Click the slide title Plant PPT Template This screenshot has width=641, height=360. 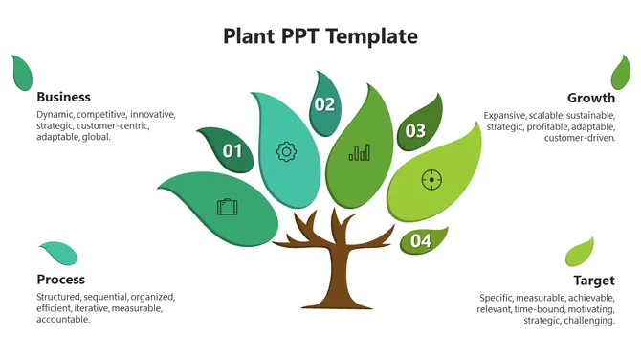[x=320, y=36]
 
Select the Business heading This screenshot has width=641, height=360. [x=63, y=97]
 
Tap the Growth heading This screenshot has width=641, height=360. [x=590, y=98]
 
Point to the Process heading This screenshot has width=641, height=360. [x=60, y=280]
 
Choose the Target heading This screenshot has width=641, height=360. [x=593, y=281]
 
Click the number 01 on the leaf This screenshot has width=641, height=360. [x=232, y=150]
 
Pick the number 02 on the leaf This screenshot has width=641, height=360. [x=325, y=104]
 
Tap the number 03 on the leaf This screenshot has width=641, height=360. [x=415, y=131]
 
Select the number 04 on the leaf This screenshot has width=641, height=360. [x=421, y=241]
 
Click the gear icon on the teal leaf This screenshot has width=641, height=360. [x=284, y=150]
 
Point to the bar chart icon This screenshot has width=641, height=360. [x=360, y=152]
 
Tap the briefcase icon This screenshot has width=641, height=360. [x=227, y=206]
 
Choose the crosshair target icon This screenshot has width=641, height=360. [x=431, y=179]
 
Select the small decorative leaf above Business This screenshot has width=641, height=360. [x=21, y=71]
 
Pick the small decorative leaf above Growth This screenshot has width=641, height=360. [x=621, y=72]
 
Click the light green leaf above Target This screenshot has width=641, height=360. [x=580, y=252]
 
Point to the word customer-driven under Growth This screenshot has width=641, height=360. [x=580, y=138]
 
